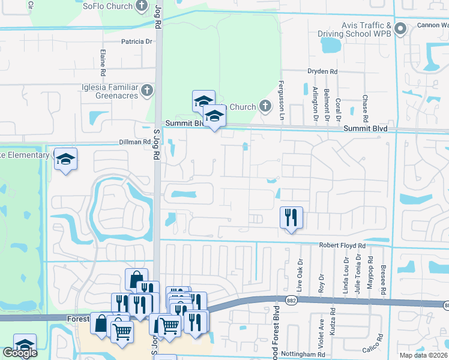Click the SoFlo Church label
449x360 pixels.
click(107, 6)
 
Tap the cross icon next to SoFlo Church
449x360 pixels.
click(142, 7)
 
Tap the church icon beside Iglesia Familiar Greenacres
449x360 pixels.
click(148, 91)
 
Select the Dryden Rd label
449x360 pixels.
click(322, 71)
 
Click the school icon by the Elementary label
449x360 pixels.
click(66, 159)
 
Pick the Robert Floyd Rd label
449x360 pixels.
click(342, 246)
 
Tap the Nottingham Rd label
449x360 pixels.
click(306, 355)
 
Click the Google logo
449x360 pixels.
click(20, 353)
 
